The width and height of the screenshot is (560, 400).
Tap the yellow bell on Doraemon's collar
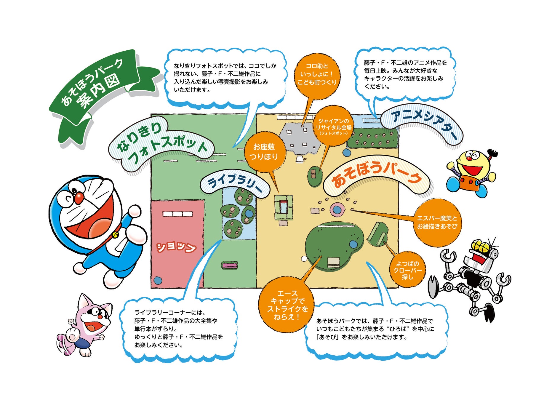(x=115, y=235)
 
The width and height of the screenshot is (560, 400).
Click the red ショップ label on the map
(x=176, y=247)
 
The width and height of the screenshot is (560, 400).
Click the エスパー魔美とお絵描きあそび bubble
(x=437, y=222)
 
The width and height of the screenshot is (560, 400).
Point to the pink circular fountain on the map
(x=337, y=210)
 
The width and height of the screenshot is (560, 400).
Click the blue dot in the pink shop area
(x=158, y=280)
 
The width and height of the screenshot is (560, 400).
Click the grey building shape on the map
(x=299, y=139)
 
